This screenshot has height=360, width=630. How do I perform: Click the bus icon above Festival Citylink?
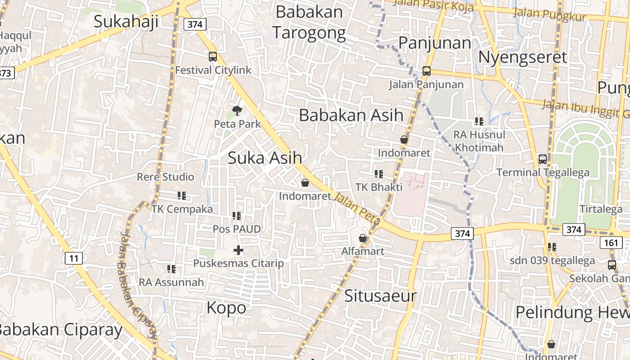(x=213, y=57)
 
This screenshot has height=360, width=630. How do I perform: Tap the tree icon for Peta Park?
(x=237, y=110)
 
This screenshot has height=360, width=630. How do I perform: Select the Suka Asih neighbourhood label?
(x=265, y=158)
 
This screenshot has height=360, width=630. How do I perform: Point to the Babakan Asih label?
(x=351, y=115)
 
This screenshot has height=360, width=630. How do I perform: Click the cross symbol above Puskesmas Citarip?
(x=238, y=250)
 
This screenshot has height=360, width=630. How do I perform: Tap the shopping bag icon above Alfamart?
(x=363, y=238)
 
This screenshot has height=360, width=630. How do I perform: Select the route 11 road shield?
(x=74, y=258)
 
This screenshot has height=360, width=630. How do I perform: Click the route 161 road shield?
(x=611, y=243)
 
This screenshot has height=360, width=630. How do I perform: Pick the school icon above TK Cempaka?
(x=182, y=196)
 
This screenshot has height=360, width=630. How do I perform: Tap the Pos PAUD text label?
(x=237, y=229)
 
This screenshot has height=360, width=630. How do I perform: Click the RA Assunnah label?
(x=171, y=283)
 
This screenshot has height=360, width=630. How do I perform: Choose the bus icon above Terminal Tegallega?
(x=543, y=159)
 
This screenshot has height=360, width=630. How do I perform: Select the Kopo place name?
(x=226, y=308)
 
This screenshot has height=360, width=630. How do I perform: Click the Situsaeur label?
(x=380, y=296)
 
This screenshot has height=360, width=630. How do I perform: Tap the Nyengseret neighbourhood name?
(x=522, y=58)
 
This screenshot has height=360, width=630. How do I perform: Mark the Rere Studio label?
(x=166, y=177)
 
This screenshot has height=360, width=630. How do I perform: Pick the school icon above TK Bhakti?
(x=379, y=174)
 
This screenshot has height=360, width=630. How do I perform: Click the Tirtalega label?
(x=601, y=209)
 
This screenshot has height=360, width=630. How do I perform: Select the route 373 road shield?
(x=6, y=73)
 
